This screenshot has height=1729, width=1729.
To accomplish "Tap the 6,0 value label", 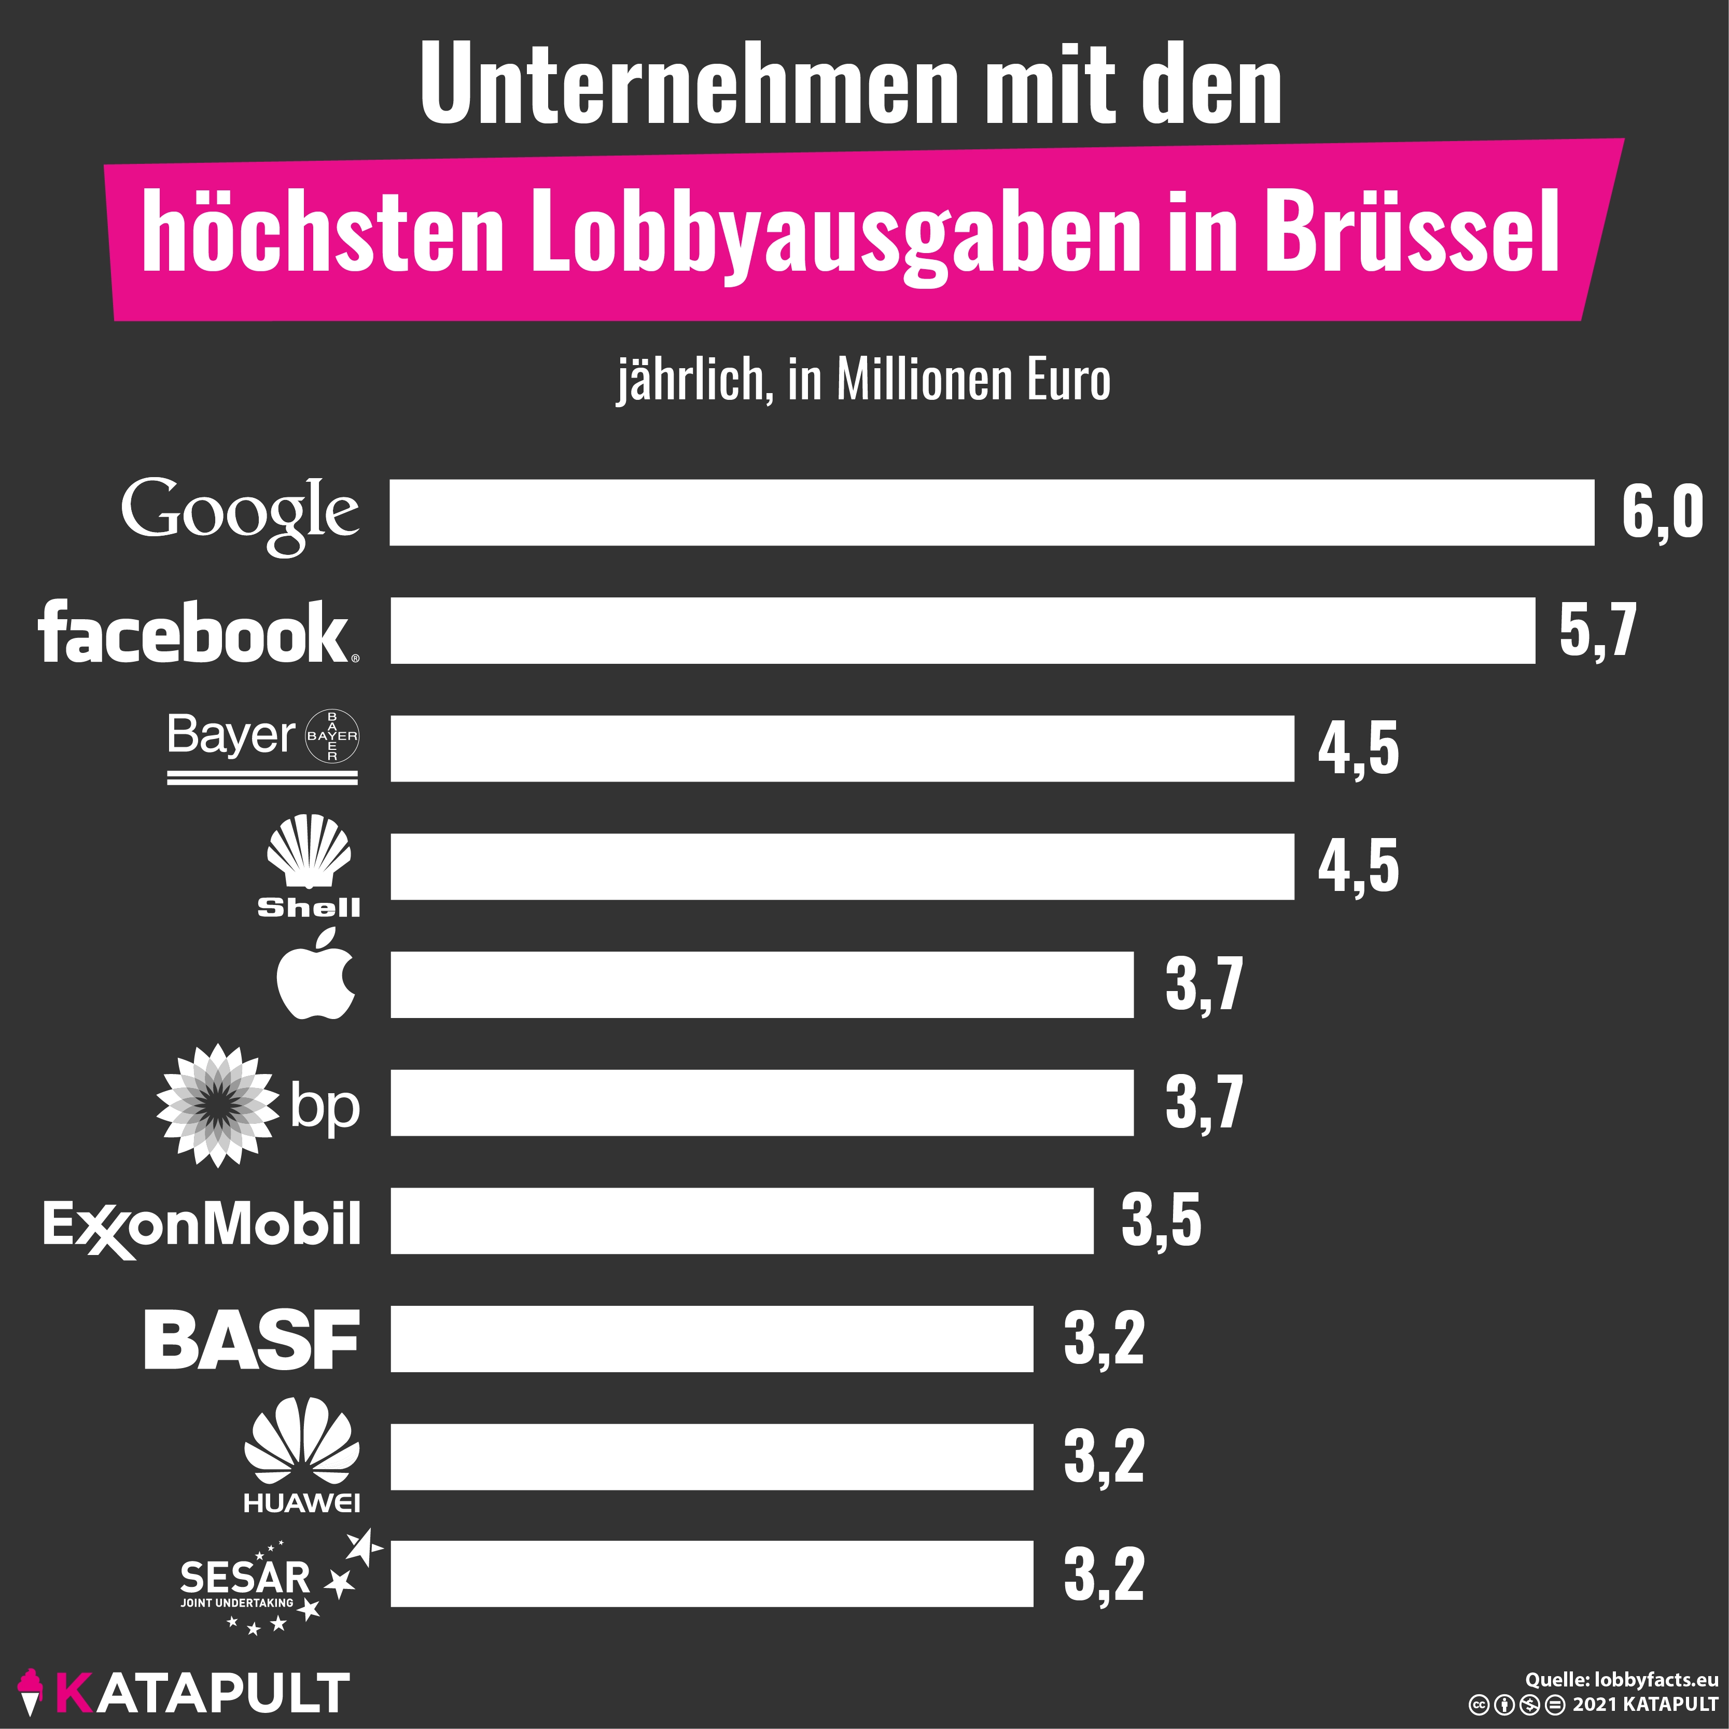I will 1662,513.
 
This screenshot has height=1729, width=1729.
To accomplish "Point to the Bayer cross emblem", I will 332,736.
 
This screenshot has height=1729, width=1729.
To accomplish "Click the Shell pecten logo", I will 309,850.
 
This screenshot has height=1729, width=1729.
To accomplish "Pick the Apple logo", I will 315,975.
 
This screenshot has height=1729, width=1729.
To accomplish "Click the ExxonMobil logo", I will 201,1226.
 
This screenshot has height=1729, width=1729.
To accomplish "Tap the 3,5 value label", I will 1161,1221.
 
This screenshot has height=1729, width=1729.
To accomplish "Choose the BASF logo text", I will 252,1340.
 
